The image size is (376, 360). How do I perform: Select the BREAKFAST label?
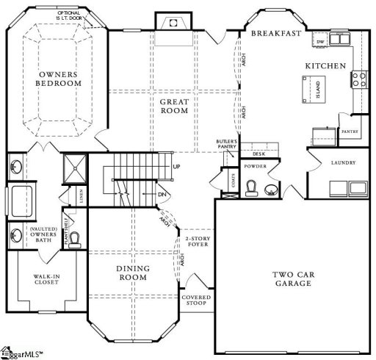pos(276,34)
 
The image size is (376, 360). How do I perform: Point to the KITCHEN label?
pos(325,66)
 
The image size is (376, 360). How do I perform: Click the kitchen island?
pos(303,88)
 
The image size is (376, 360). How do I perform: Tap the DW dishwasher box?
pos(321,43)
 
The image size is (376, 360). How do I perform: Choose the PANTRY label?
pos(348,132)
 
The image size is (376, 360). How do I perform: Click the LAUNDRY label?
pos(343,162)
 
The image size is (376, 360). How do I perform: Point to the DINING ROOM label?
pos(133,273)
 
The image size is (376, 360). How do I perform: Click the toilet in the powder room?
pos(251,190)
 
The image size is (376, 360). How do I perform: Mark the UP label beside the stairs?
pos(176,166)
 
